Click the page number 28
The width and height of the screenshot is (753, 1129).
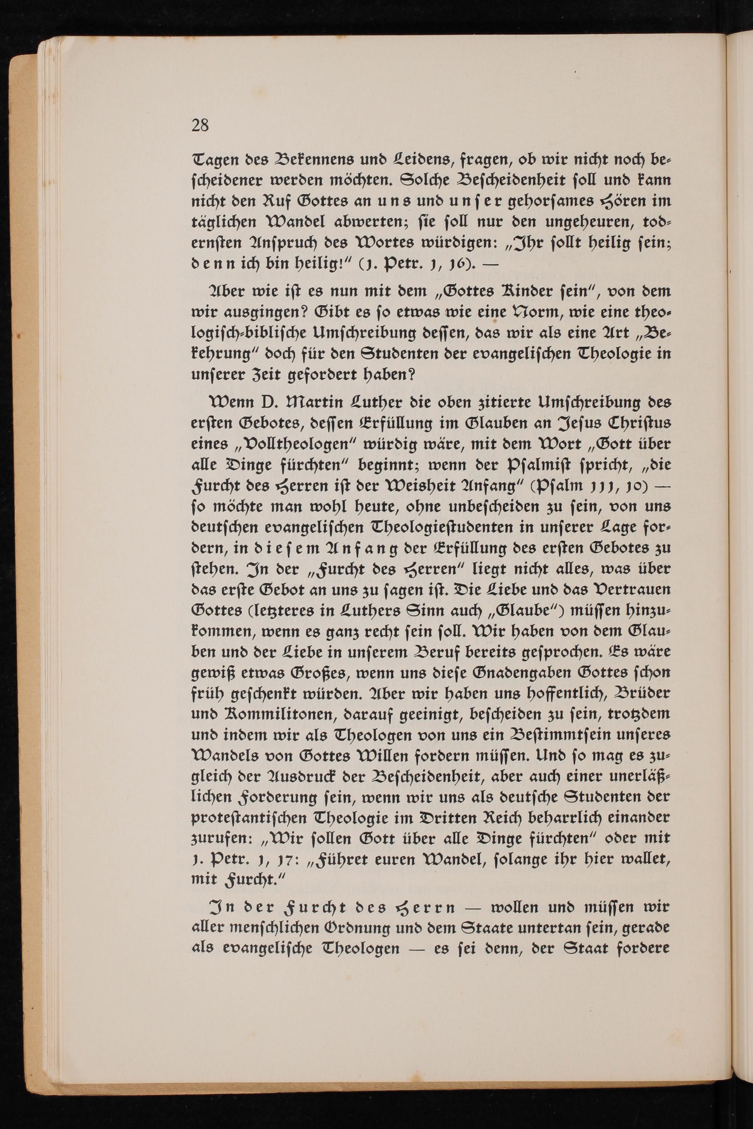[x=200, y=125]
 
